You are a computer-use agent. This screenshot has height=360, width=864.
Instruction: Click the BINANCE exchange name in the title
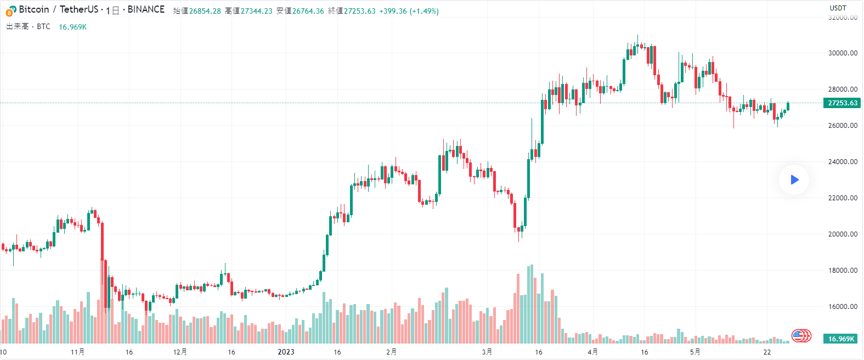pyautogui.click(x=146, y=9)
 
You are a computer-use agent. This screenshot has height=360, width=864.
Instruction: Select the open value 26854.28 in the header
pyautogui.click(x=205, y=11)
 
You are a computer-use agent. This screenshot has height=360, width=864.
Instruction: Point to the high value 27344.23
pyautogui.click(x=256, y=11)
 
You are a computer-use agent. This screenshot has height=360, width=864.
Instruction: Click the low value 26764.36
pyautogui.click(x=308, y=11)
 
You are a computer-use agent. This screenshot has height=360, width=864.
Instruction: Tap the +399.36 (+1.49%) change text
pyautogui.click(x=409, y=11)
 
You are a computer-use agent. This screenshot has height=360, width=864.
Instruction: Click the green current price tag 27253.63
pyautogui.click(x=842, y=103)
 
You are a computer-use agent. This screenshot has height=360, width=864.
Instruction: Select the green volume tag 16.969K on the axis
pyautogui.click(x=842, y=339)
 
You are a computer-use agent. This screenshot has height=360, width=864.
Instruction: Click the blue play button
pyautogui.click(x=794, y=179)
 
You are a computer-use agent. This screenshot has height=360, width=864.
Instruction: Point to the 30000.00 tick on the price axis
pyautogui.click(x=843, y=53)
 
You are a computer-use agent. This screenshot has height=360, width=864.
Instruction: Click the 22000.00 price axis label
pyautogui.click(x=843, y=198)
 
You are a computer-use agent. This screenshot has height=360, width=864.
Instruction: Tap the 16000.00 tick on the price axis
pyautogui.click(x=843, y=307)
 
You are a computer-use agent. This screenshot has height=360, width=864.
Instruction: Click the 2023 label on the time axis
pyautogui.click(x=286, y=352)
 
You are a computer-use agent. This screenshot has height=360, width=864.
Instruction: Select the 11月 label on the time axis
pyautogui.click(x=77, y=352)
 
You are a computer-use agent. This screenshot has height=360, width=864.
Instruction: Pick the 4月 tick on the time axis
pyautogui.click(x=592, y=352)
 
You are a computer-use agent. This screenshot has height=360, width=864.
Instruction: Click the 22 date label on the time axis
pyautogui.click(x=767, y=352)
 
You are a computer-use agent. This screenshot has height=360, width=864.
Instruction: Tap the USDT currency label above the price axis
pyautogui.click(x=838, y=8)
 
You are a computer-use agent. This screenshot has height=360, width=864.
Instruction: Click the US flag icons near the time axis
pyautogui.click(x=801, y=335)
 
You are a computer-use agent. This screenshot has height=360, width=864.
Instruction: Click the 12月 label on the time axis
pyautogui.click(x=180, y=352)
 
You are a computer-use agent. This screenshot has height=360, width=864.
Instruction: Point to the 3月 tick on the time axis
pyautogui.click(x=487, y=352)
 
